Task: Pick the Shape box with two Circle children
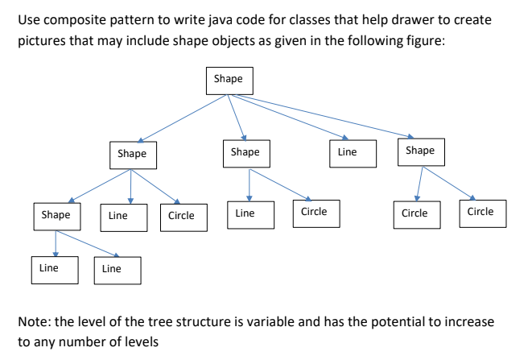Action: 420,151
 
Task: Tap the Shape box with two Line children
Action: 56,215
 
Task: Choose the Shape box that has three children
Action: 132,153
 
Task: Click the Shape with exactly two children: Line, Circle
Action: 245,152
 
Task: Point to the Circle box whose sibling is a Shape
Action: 181,216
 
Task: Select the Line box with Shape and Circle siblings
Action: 118,216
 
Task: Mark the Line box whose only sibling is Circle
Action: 245,213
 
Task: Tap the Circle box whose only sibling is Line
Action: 313,212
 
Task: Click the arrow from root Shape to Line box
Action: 290,118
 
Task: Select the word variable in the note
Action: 261,322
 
